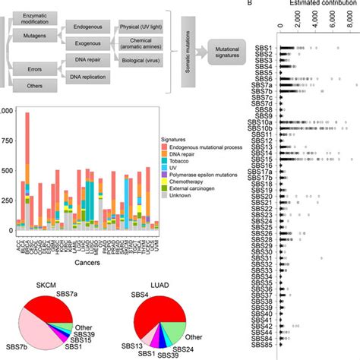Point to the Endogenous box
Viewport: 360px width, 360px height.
(90, 27)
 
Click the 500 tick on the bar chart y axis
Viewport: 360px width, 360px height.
(7, 170)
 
